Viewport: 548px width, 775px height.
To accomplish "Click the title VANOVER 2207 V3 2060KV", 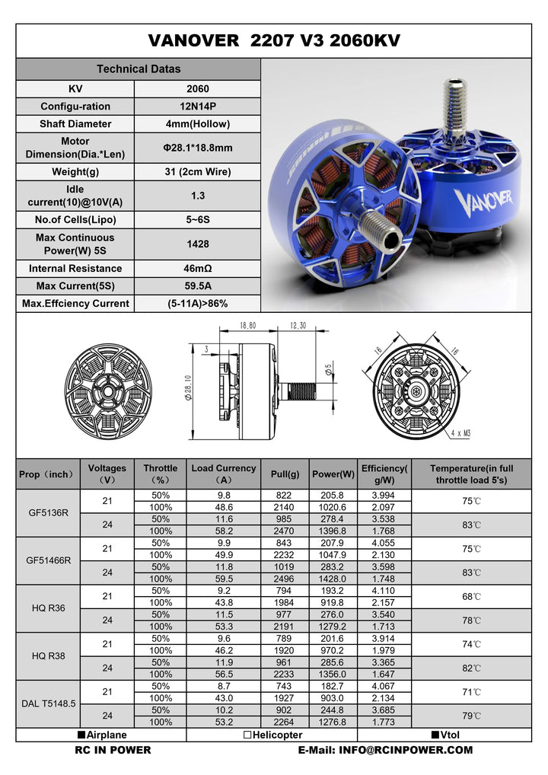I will click(x=274, y=40).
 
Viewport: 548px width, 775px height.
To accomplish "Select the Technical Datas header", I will click(x=139, y=69).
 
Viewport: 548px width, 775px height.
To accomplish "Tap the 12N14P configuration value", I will click(x=197, y=107).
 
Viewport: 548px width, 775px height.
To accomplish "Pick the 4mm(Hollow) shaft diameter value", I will click(x=197, y=123).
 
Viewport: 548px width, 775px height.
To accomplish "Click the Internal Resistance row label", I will click(x=75, y=268).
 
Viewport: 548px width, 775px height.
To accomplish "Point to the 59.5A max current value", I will click(x=197, y=285).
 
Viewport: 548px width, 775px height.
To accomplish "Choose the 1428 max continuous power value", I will click(x=197, y=244).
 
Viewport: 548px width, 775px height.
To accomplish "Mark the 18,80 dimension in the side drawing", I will click(x=247, y=325).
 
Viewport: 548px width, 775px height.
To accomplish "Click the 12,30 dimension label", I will click(x=298, y=325).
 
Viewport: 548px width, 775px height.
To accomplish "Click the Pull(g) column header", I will click(x=285, y=474).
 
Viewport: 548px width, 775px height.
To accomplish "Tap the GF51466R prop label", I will click(x=48, y=560).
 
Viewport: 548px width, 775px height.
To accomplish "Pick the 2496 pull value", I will click(x=285, y=579).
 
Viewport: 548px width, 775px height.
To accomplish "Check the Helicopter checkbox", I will click(x=248, y=735).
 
